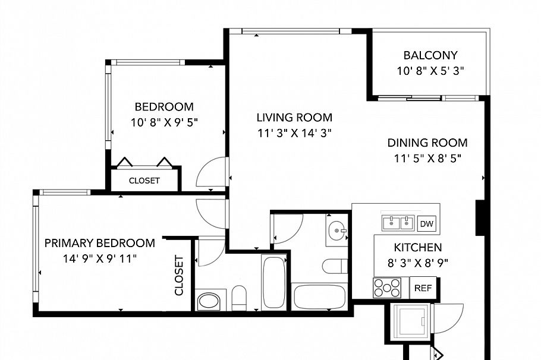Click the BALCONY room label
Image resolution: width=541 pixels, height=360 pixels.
click(x=430, y=55)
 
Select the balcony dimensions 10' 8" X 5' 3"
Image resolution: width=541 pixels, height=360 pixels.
click(x=430, y=71)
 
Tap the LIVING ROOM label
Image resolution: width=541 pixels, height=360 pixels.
click(x=294, y=117)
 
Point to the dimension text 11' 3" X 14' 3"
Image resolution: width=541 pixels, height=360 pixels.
click(x=294, y=133)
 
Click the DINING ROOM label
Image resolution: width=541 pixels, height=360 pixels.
click(x=427, y=143)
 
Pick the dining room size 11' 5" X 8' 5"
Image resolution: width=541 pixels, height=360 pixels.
click(x=427, y=159)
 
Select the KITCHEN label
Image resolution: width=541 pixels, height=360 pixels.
click(x=418, y=247)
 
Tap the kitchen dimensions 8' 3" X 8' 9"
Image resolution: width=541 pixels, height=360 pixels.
click(x=418, y=262)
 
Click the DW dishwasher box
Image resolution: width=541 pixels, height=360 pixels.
click(x=426, y=224)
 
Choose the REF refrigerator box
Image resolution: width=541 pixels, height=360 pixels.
click(x=423, y=287)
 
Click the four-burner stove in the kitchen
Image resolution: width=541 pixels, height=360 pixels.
click(x=387, y=288)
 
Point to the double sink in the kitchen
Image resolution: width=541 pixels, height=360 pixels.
click(x=398, y=223)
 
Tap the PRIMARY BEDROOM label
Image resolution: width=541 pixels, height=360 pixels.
click(x=100, y=243)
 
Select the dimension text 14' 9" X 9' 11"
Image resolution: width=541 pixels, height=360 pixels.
click(x=100, y=258)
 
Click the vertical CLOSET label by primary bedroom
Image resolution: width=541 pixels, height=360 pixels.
click(x=179, y=275)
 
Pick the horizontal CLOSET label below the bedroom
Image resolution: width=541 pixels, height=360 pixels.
click(x=144, y=181)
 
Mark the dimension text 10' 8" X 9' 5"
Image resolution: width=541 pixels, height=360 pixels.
click(x=164, y=122)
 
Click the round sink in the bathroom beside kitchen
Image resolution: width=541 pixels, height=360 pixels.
click(x=337, y=229)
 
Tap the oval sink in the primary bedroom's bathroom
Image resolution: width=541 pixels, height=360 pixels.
click(x=209, y=301)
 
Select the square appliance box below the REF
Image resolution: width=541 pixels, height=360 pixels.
click(x=411, y=321)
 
